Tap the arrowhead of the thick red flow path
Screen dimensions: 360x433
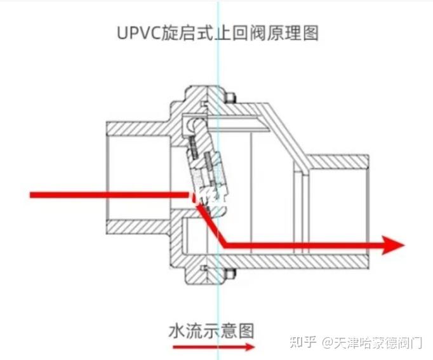tap(394, 244)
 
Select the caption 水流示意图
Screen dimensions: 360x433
tap(211, 330)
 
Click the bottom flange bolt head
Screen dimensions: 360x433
tap(230, 274)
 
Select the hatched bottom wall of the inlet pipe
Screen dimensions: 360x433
tap(137, 227)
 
